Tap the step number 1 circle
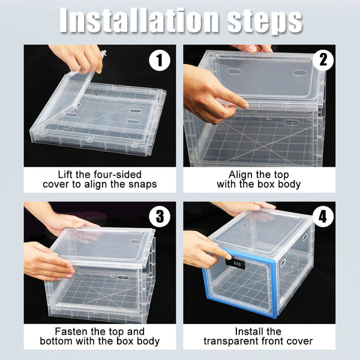pos(159,60)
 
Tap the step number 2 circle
pos(322,60)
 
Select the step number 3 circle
pos(159,217)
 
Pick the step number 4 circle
pos(322,217)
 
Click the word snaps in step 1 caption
pos(140,184)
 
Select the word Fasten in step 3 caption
pos(71,331)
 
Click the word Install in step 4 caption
pos(250,331)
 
